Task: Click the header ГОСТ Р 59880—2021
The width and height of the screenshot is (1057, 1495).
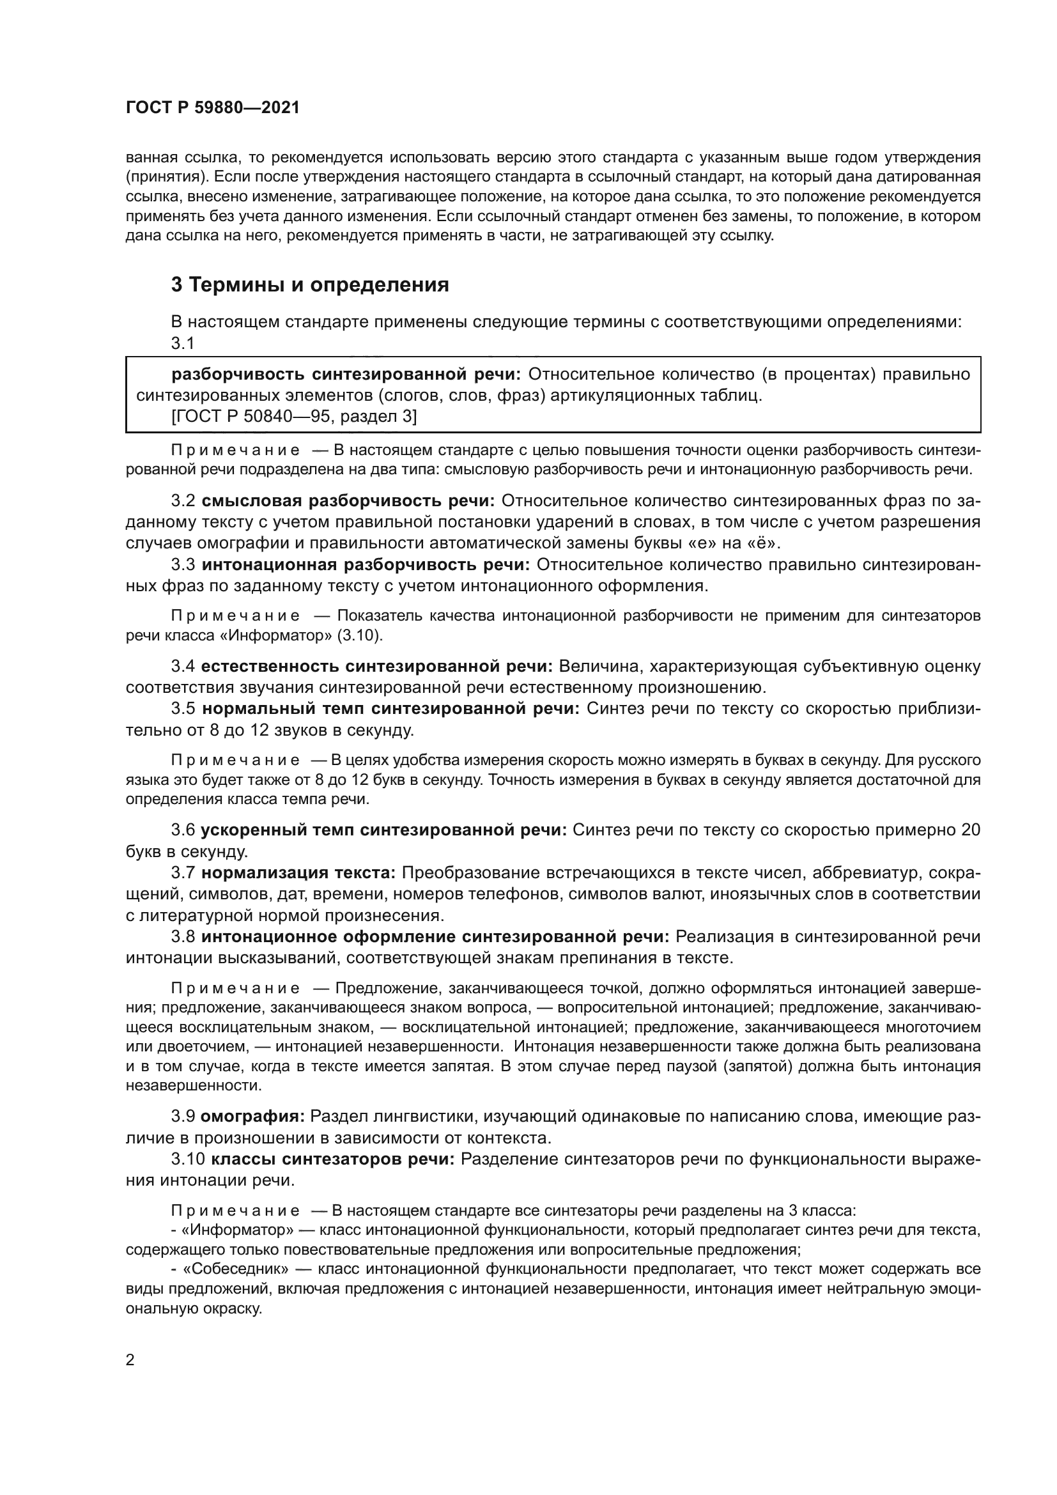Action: click(212, 108)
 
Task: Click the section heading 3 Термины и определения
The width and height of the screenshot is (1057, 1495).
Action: click(310, 285)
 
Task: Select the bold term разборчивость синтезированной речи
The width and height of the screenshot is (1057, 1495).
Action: click(346, 375)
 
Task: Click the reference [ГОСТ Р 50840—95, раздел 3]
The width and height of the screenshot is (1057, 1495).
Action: click(293, 416)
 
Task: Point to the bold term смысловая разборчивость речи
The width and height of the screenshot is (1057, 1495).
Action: click(348, 500)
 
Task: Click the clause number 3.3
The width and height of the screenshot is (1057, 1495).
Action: click(183, 564)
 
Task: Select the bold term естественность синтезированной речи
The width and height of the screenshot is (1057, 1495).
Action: click(376, 667)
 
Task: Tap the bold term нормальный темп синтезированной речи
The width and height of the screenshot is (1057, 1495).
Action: click(390, 709)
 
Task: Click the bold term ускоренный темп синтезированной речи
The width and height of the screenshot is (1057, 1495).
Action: click(384, 830)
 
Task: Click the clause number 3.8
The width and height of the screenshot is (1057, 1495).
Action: click(183, 937)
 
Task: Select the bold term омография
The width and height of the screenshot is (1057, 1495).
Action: click(252, 1117)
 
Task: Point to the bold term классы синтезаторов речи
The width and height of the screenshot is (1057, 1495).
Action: click(333, 1159)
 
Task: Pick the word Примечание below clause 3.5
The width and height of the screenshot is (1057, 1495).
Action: click(236, 761)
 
